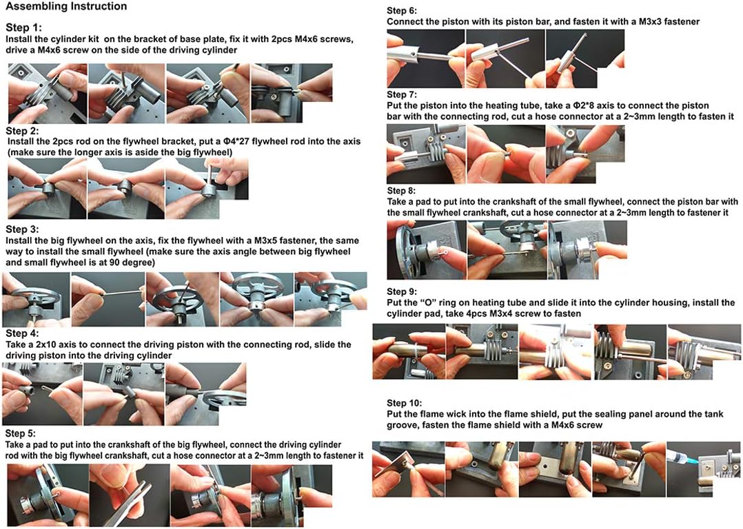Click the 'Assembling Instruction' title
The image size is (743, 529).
point(66,7)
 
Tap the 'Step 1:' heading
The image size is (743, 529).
point(23,27)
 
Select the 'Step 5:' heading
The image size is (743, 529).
point(21,433)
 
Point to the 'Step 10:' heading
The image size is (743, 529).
point(404,403)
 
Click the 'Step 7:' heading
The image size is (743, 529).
point(402,95)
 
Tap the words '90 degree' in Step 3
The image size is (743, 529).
point(132,262)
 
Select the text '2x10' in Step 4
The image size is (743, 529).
point(43,344)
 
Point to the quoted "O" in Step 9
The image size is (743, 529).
point(430,302)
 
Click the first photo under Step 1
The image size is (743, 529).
point(48,93)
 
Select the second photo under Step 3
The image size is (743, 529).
point(108,300)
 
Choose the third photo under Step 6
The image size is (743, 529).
point(584,59)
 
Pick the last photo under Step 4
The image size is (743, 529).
point(205,393)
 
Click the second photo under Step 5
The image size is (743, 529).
point(130,495)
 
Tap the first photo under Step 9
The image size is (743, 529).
point(409,351)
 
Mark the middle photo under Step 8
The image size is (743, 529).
point(507,249)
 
